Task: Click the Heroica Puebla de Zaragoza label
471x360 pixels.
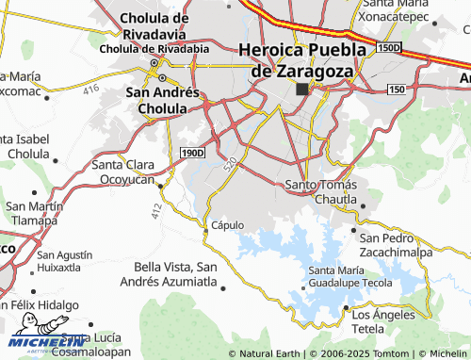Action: [x=301, y=59]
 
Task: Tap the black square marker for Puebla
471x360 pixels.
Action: [x=301, y=90]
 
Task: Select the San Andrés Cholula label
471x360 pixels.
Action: [x=163, y=100]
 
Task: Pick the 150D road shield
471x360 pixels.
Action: [x=387, y=46]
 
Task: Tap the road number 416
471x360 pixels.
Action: [x=90, y=90]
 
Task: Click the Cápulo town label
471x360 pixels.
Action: [x=228, y=225]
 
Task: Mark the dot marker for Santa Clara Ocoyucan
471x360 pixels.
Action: [x=161, y=186]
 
